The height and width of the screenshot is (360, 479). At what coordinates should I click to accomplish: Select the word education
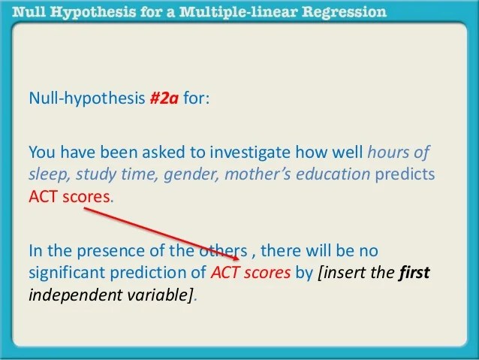point(336,174)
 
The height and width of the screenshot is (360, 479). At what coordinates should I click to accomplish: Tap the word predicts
point(406,174)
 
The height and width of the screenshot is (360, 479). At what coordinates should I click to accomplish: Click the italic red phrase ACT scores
point(250,272)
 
